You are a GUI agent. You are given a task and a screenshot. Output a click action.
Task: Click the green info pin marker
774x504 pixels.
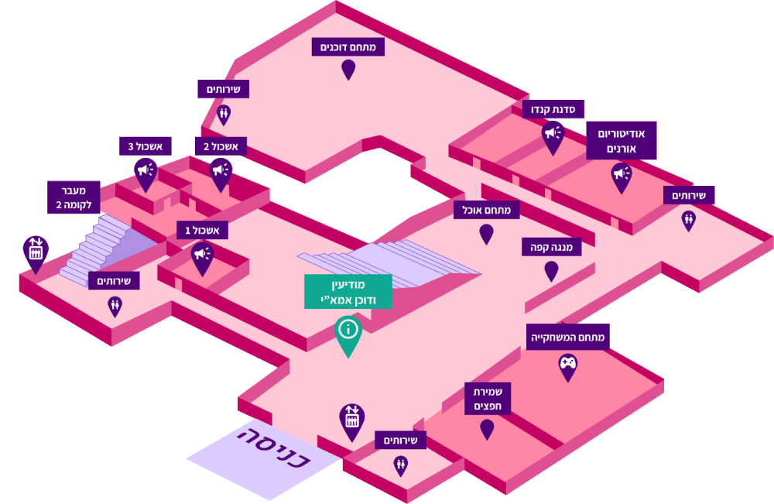click(x=348, y=332)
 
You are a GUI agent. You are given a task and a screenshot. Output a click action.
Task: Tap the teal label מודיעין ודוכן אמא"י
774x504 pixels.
click(x=348, y=291)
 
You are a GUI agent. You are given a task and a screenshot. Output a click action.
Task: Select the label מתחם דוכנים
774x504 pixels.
click(x=348, y=46)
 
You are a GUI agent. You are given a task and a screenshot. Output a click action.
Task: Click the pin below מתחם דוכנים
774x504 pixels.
click(x=348, y=68)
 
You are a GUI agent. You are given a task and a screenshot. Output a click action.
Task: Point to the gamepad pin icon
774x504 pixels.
click(x=568, y=365)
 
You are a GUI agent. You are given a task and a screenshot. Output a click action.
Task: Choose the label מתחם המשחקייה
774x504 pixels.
click(x=570, y=337)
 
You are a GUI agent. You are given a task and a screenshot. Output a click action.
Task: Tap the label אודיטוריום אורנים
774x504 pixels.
click(x=621, y=140)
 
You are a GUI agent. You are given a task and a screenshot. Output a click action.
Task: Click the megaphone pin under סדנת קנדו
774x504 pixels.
click(x=553, y=135)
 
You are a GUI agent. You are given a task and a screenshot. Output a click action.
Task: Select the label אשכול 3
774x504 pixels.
click(x=146, y=146)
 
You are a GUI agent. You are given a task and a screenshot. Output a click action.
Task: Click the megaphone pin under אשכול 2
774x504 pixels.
click(x=221, y=172)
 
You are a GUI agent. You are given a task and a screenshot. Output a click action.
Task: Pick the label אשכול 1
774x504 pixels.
click(x=202, y=230)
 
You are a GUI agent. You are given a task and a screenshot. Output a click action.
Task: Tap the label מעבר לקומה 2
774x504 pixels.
click(x=74, y=198)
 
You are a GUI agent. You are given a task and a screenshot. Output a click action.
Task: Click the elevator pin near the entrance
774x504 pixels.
click(x=352, y=420)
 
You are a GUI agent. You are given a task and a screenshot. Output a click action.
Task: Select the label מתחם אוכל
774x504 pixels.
click(x=486, y=209)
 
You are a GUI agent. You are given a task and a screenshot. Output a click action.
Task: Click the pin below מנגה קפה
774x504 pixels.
click(x=551, y=270)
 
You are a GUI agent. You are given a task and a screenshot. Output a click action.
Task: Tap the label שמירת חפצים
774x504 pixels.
click(x=487, y=397)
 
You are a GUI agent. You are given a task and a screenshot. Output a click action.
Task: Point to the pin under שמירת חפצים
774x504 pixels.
click(x=487, y=428)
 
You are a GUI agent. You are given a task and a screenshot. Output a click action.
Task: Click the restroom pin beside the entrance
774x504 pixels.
click(x=401, y=465)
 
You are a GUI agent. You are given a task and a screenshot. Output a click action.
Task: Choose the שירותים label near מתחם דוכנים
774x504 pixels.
click(x=223, y=89)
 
